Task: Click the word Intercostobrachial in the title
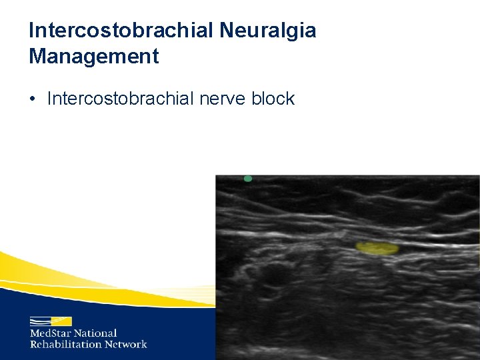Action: [117, 30]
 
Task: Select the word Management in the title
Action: [94, 56]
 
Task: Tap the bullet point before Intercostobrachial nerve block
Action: [33, 99]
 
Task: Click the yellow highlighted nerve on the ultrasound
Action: [377, 248]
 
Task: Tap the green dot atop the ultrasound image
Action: [248, 179]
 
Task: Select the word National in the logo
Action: [95, 333]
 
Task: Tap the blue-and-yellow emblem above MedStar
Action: [51, 321]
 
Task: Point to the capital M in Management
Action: [37, 56]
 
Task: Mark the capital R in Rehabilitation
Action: [33, 344]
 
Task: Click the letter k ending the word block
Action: [290, 99]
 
